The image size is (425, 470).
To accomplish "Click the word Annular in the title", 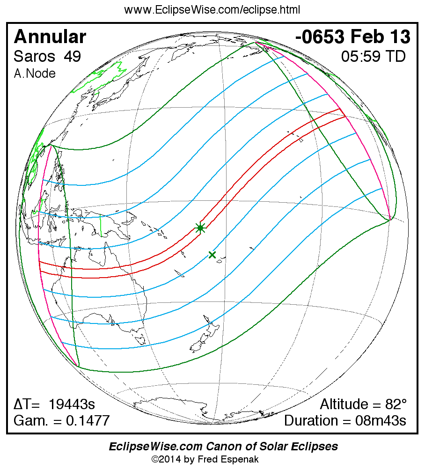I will [x=50, y=37].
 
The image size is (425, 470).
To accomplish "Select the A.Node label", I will [x=35, y=73].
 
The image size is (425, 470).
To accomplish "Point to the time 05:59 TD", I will [x=373, y=57].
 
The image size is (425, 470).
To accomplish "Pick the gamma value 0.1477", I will [x=88, y=420].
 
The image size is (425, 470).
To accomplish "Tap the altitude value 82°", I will [x=394, y=404].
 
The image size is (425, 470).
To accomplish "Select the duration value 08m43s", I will [x=381, y=420].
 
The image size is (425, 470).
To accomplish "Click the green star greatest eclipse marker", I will [x=200, y=228].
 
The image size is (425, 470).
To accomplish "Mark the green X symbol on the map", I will [x=212, y=255].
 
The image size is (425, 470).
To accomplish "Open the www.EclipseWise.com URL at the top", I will [x=212, y=10].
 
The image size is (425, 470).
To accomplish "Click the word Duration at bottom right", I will [x=313, y=420].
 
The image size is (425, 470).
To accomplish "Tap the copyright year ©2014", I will [x=167, y=459].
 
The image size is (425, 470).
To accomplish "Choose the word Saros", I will [x=34, y=57].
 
